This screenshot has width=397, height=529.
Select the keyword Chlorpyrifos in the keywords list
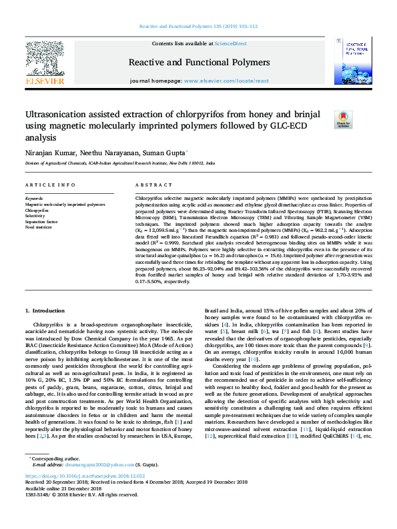37,210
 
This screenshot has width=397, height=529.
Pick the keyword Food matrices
39,227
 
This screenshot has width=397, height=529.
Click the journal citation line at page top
198,27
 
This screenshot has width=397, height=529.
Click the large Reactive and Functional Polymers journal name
198,63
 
